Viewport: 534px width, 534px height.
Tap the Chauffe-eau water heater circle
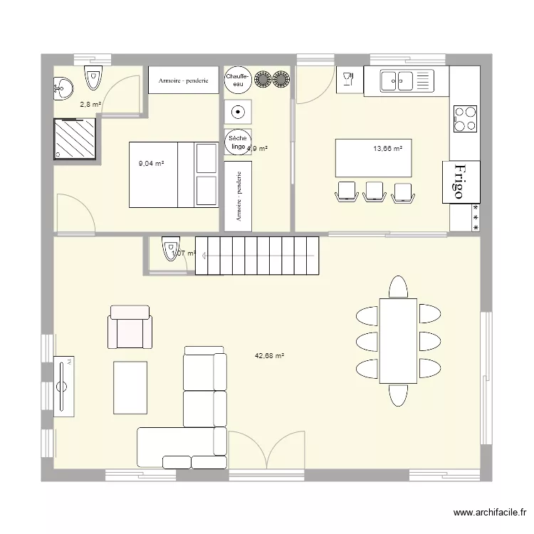[235, 80]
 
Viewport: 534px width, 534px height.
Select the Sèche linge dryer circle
[235, 142]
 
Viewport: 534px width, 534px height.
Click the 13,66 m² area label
[387, 149]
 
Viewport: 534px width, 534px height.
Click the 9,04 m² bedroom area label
[151, 163]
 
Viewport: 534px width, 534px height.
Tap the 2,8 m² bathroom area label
[90, 105]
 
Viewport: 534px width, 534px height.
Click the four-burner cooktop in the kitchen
[465, 119]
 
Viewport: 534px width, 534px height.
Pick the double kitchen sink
[406, 80]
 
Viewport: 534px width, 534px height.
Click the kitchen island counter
[374, 158]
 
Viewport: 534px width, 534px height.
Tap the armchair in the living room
[130, 328]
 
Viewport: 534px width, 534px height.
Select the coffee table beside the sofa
[130, 387]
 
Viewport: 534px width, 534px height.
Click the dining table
[398, 341]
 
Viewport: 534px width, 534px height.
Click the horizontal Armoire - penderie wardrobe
[183, 81]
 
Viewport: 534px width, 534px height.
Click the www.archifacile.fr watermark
[490, 512]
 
